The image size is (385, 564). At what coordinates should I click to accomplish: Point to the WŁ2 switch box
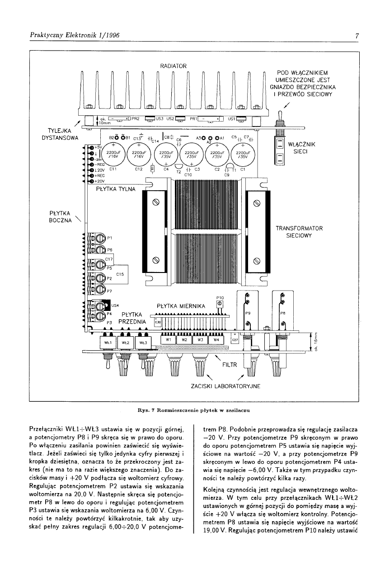(126, 343)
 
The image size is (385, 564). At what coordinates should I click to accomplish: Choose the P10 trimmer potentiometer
(220, 304)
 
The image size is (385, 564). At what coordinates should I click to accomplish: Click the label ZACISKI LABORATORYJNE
(221, 387)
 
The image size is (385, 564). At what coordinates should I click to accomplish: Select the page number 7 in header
(357, 36)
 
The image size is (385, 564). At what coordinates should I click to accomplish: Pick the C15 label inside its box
(121, 274)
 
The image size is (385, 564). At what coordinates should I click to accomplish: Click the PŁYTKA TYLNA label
(116, 189)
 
